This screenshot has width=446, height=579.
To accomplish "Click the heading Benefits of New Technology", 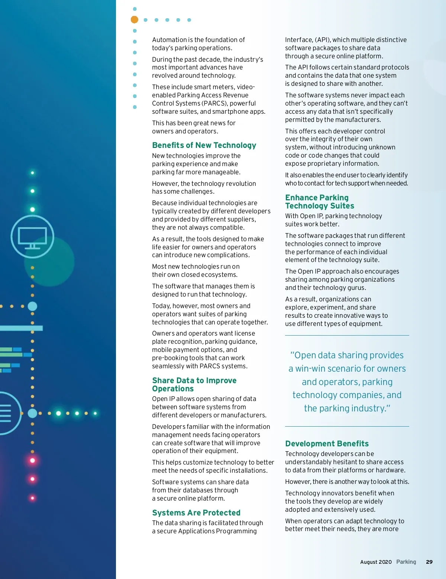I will (204, 145).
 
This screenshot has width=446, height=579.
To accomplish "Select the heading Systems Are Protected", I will (196, 513).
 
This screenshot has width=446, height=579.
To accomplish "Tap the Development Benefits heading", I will (327, 444).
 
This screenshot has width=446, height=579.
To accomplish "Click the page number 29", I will (429, 562).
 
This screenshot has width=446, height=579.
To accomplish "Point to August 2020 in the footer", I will (376, 562).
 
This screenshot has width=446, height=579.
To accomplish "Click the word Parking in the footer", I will (406, 562).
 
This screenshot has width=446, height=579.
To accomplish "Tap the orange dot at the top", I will (135, 20).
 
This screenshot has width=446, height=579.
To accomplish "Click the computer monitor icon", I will (32, 237).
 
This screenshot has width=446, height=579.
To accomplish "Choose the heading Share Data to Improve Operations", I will (194, 385).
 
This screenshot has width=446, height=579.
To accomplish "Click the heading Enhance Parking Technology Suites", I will (319, 202).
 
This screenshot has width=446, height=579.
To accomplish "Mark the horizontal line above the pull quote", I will (347, 336).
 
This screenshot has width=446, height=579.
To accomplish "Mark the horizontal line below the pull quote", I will (347, 426).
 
